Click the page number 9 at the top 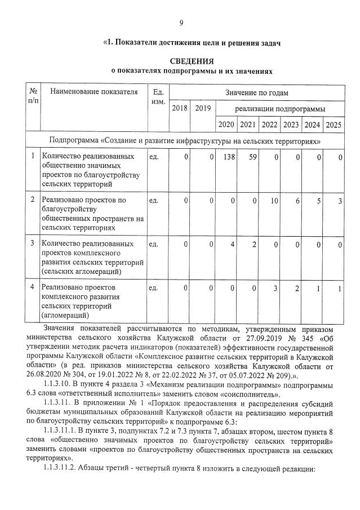click(x=181, y=23)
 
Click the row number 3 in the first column click(x=33, y=244)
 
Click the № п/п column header click(x=33, y=96)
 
